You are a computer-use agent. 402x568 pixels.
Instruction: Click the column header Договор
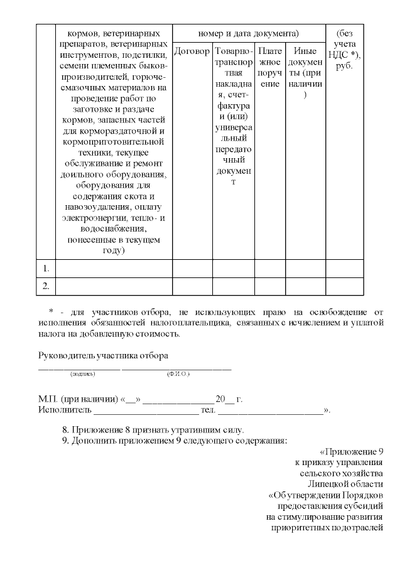192,51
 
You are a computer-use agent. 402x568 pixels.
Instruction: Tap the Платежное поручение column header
269,67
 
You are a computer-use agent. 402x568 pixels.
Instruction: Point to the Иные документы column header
305,72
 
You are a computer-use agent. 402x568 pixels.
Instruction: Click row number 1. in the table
46,269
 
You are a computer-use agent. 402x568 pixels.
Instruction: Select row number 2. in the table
46,286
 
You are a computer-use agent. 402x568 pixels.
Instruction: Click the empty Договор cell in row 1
192,269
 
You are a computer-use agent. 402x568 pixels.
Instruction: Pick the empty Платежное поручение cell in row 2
269,286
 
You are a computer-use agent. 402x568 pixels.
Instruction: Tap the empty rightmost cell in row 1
344,269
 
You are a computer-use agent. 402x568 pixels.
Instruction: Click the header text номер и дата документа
248,33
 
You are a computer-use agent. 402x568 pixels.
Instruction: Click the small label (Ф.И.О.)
178,374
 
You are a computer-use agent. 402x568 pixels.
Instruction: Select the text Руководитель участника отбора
104,356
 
